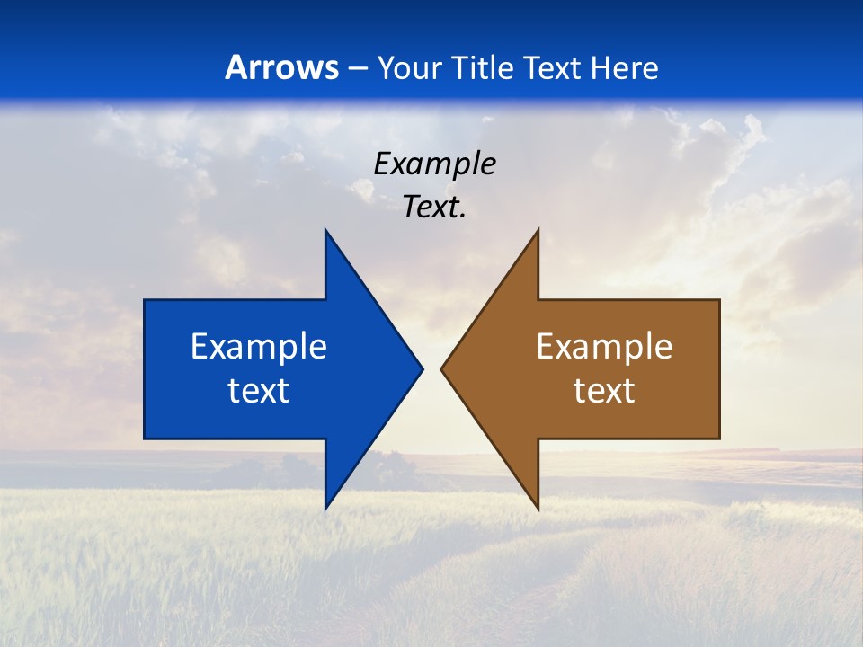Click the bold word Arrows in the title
tap(281, 67)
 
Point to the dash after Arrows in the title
tap(356, 68)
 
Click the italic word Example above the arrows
tap(434, 164)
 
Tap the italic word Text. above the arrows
tap(434, 208)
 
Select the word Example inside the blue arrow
tap(258, 347)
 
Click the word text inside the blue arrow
tap(258, 391)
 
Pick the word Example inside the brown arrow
tap(604, 347)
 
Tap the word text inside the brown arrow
tap(604, 391)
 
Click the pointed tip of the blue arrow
tap(422, 368)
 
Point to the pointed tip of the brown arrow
tap(441, 368)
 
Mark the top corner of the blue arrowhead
tap(325, 230)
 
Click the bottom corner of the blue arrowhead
tap(325, 510)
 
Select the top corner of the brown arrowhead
tap(538, 230)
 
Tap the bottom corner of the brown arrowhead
tap(538, 510)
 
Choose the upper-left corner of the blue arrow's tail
tap(145, 300)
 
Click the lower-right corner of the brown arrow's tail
tap(719, 439)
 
